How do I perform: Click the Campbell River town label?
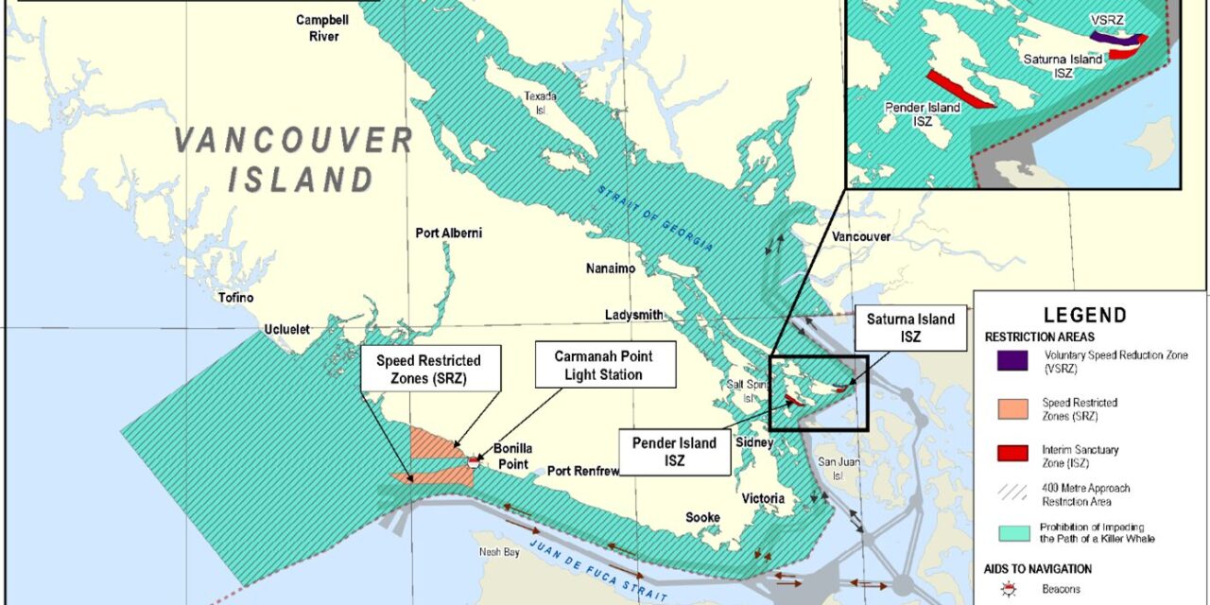tap(317, 27)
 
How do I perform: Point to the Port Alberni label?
tap(449, 233)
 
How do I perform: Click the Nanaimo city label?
tap(610, 269)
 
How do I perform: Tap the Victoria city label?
tap(763, 498)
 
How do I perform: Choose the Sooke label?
tap(702, 517)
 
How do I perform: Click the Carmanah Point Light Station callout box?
tap(605, 365)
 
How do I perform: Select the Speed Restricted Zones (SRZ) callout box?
tap(428, 369)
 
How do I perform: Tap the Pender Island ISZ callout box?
tap(675, 451)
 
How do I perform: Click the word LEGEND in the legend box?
tap(1085, 316)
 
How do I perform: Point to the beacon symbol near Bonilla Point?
tap(474, 460)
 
